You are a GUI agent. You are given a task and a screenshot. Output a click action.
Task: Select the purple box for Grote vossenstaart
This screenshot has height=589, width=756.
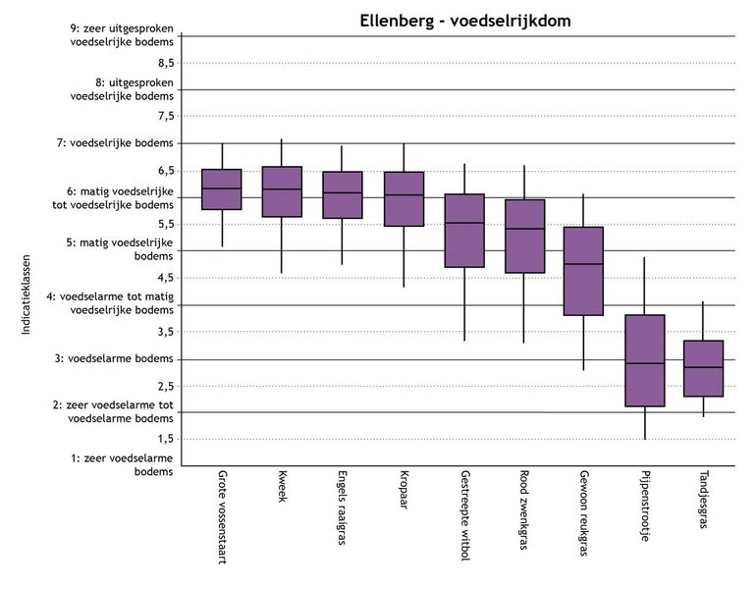pos(222,189)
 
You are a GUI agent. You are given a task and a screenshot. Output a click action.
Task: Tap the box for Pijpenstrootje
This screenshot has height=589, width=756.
pos(645,360)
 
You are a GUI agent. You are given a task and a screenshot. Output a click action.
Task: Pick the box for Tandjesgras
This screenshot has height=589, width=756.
pos(703,368)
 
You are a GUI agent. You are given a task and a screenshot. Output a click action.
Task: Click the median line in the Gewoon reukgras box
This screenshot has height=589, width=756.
pos(584,264)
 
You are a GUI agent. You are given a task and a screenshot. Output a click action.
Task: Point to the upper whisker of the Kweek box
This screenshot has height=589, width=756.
pos(282,153)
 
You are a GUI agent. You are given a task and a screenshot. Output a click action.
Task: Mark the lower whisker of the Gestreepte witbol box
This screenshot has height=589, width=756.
pos(463,304)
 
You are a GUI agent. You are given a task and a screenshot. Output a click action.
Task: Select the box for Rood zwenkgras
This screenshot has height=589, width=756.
pos(524,236)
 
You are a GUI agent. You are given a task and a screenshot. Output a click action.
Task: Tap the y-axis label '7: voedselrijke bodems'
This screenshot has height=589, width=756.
pos(121,143)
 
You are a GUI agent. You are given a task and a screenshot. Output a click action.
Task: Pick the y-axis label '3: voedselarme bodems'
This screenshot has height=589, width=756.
pos(121,359)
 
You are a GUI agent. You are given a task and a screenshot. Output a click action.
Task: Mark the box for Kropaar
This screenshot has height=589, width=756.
pos(404,199)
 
